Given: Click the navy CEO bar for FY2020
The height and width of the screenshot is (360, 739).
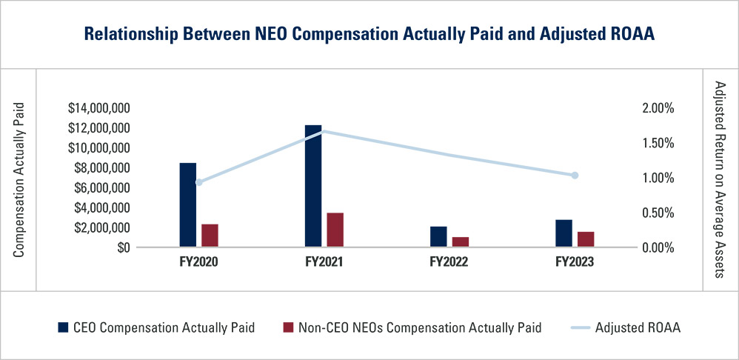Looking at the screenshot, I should [188, 204].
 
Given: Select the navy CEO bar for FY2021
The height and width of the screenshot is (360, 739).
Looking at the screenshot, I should [313, 186].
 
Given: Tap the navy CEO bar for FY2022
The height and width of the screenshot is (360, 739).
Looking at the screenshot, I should [438, 237].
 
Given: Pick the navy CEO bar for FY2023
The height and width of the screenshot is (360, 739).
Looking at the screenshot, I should [564, 233].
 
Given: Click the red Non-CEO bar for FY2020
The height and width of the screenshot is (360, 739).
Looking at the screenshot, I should [210, 236].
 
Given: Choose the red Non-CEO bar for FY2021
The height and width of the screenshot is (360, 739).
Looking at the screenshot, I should [335, 230].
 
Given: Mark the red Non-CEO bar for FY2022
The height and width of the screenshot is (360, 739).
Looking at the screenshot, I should [461, 242].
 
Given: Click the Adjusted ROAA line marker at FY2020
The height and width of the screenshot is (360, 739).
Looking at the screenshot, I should [198, 182].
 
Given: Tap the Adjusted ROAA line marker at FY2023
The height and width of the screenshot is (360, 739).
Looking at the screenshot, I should [575, 176].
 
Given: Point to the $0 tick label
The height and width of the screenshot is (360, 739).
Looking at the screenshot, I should [122, 247].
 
